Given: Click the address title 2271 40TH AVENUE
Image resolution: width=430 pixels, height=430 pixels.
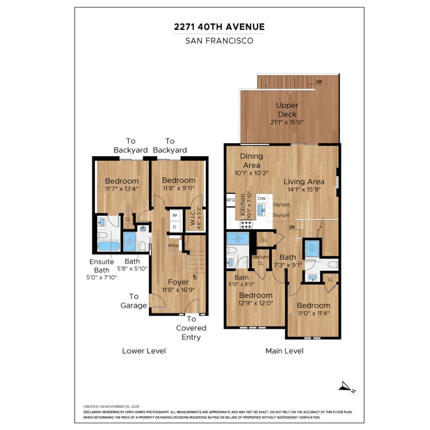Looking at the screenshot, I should coord(219,27).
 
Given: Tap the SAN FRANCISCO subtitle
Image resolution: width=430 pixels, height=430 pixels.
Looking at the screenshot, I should coord(219,41).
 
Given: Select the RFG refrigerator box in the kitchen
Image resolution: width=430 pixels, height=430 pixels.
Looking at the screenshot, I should coord(231,200).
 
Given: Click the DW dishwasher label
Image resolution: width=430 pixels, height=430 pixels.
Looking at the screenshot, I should coord(261,198).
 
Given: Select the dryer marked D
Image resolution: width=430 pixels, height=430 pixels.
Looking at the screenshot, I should coord(174,227).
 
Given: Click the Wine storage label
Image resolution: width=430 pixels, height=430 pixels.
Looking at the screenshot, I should coord(173,245).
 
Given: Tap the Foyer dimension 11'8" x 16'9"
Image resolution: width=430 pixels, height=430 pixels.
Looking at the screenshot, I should coord(178,290).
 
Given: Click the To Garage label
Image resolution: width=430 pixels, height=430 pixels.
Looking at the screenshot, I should coord(133,301).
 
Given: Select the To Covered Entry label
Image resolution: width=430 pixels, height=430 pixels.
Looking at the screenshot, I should coord(192,328).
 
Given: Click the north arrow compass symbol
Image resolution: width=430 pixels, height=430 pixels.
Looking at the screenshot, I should coord(346,386).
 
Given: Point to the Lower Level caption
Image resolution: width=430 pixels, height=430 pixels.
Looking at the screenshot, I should coord(144,351).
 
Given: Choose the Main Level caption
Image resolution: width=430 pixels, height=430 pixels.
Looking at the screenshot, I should coord(284,351).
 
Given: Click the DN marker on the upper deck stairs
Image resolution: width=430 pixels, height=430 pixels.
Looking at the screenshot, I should coord(319,82).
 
